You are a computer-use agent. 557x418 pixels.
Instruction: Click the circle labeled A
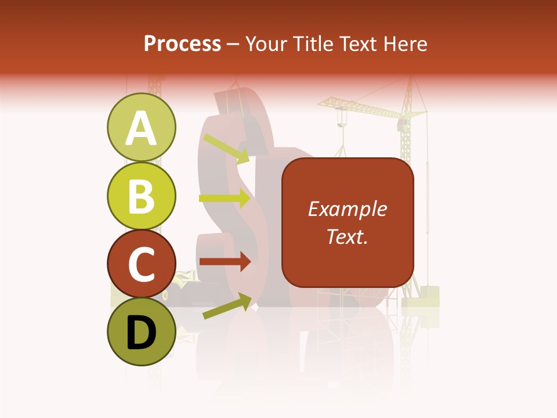click(x=142, y=128)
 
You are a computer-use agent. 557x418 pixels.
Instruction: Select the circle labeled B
click(x=142, y=196)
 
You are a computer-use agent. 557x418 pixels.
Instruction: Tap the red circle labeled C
click(x=142, y=264)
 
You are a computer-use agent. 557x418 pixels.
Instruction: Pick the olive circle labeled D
click(x=142, y=331)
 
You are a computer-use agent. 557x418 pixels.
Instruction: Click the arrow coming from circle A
click(x=226, y=149)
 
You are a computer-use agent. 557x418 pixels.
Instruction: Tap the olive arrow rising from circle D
click(x=227, y=306)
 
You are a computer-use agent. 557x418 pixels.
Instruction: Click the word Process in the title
click(x=182, y=44)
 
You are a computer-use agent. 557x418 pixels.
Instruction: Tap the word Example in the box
click(x=347, y=209)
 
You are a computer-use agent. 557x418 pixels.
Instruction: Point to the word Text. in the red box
click(x=347, y=236)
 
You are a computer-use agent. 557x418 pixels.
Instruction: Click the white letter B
click(x=142, y=196)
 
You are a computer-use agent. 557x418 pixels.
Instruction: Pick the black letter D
click(x=142, y=332)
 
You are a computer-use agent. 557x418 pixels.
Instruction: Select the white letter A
click(x=142, y=128)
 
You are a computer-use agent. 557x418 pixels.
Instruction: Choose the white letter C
click(x=142, y=264)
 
